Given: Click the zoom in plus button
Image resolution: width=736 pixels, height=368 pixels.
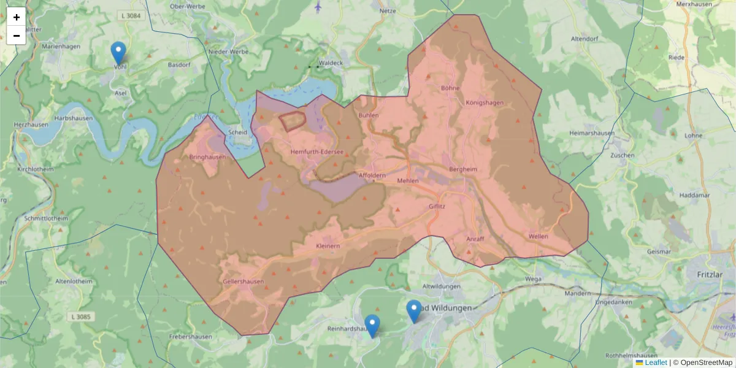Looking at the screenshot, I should (x=16, y=17).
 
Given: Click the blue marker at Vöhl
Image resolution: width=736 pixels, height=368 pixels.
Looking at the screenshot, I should (x=118, y=53).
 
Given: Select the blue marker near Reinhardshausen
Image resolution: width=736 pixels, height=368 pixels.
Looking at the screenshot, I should (x=372, y=325).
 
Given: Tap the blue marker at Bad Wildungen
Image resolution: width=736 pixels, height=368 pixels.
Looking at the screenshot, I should (x=415, y=310).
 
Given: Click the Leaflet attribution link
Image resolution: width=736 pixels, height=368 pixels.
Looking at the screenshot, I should (x=656, y=362).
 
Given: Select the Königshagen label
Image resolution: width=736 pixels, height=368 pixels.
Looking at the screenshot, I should (x=484, y=102).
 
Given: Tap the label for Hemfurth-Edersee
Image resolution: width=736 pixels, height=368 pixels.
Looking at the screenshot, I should (x=317, y=151).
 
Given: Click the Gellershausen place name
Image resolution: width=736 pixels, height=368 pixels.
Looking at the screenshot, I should (x=244, y=282).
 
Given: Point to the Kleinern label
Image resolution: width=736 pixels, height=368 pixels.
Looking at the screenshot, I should (x=328, y=246).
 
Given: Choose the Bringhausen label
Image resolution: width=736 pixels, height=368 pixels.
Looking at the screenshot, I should (x=207, y=157).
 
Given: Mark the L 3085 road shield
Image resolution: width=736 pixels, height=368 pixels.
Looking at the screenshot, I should (x=80, y=316).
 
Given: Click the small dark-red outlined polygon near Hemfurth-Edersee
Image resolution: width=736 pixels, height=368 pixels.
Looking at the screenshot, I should (x=293, y=121).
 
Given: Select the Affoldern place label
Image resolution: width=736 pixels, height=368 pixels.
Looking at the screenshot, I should (x=372, y=176).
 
